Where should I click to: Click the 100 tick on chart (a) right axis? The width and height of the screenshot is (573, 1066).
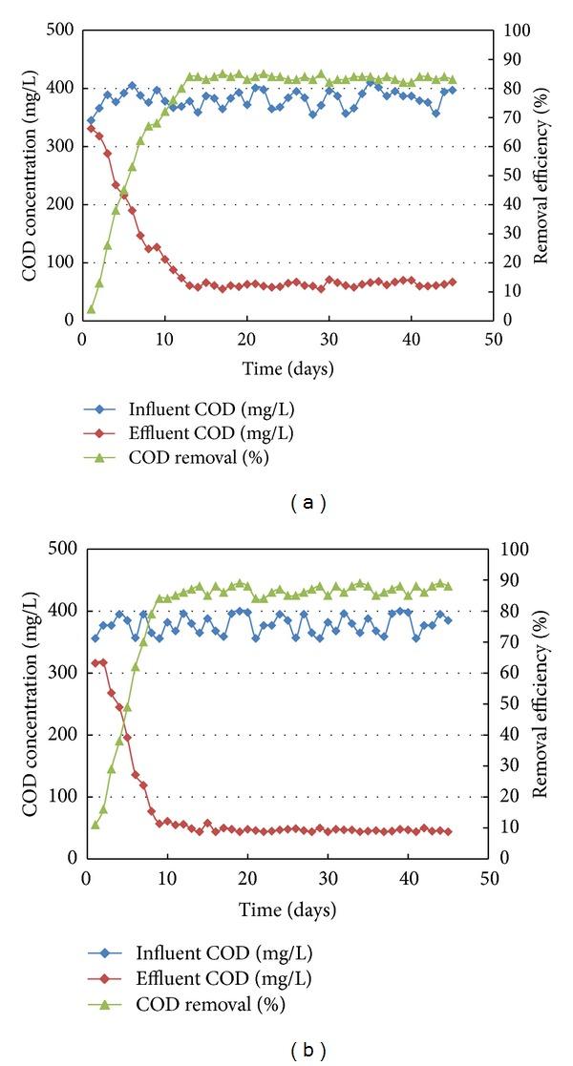515,31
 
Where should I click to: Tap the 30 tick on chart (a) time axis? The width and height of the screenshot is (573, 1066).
329,338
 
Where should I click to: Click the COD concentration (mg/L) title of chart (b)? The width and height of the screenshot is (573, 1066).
30,702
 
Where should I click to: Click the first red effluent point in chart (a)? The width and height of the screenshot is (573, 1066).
91,128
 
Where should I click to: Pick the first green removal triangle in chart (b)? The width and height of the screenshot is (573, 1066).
95,824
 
